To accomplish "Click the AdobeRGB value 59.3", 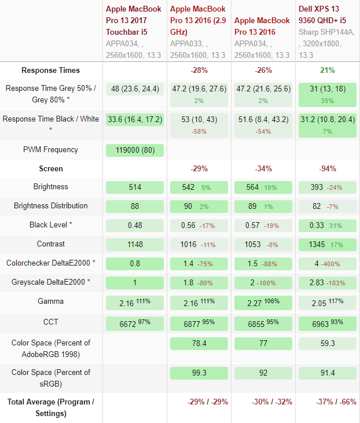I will (x=327, y=343).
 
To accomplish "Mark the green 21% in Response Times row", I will (x=327, y=70).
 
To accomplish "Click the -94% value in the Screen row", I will (x=327, y=169).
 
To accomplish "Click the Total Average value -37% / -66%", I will (x=327, y=402).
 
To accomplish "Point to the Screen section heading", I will (x=50, y=169).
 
